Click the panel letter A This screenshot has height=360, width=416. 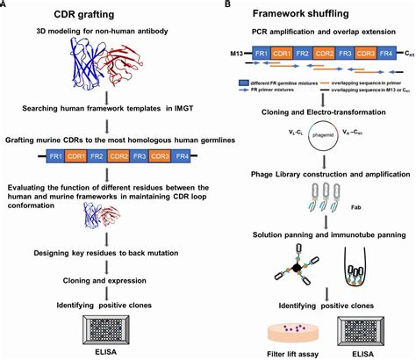coord(5,5)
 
